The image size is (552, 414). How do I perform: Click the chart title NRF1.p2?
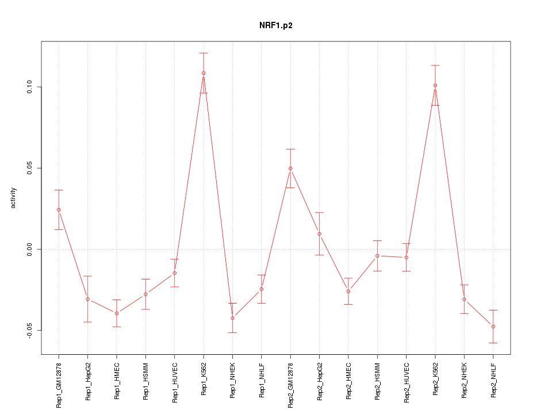pyautogui.click(x=276, y=26)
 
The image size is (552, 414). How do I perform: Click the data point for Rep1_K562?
pyautogui.click(x=204, y=73)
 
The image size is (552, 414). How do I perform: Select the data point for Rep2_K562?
pyautogui.click(x=435, y=85)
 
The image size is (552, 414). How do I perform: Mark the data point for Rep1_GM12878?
pyautogui.click(x=59, y=210)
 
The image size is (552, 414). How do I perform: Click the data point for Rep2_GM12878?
pyautogui.click(x=290, y=168)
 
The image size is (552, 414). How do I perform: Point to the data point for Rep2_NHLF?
pyautogui.click(x=493, y=327)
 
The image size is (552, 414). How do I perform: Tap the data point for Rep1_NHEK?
pyautogui.click(x=232, y=318)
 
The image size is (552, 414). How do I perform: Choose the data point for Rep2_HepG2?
pyautogui.click(x=319, y=234)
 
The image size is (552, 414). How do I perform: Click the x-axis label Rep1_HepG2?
pyautogui.click(x=88, y=381)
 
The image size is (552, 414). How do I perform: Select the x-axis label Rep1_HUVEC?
pyautogui.click(x=175, y=381)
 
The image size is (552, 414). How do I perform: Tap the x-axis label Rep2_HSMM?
pyautogui.click(x=377, y=381)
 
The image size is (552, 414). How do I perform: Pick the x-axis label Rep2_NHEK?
pyautogui.click(x=464, y=381)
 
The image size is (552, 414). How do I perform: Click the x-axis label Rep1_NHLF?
pyautogui.click(x=262, y=380)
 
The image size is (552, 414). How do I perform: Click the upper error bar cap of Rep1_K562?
pyautogui.click(x=204, y=53)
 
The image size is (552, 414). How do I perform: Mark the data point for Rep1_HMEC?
pyautogui.click(x=117, y=313)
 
